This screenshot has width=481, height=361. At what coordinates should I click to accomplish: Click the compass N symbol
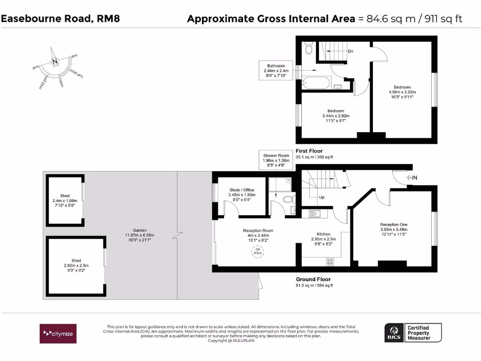tap(55, 62)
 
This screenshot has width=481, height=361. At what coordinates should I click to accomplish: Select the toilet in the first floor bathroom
tap(309, 48)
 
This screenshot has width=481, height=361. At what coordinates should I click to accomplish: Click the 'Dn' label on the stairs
tap(350, 51)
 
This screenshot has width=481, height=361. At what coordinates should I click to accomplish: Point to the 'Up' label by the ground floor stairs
tap(322, 197)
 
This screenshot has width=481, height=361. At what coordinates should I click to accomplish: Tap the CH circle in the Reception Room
tap(257, 252)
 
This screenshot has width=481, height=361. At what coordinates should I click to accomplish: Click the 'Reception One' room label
tap(393, 225)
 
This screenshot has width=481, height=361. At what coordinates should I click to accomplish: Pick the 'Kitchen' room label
tap(323, 234)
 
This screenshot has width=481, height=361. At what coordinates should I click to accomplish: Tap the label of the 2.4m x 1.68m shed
tap(64, 196)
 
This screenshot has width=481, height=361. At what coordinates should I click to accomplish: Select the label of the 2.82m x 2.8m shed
tap(76, 260)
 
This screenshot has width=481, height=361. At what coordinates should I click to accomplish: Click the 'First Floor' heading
tap(309, 151)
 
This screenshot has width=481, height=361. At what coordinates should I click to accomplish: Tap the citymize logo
tap(57, 333)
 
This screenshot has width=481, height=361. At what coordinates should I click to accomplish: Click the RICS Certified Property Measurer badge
tap(413, 333)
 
